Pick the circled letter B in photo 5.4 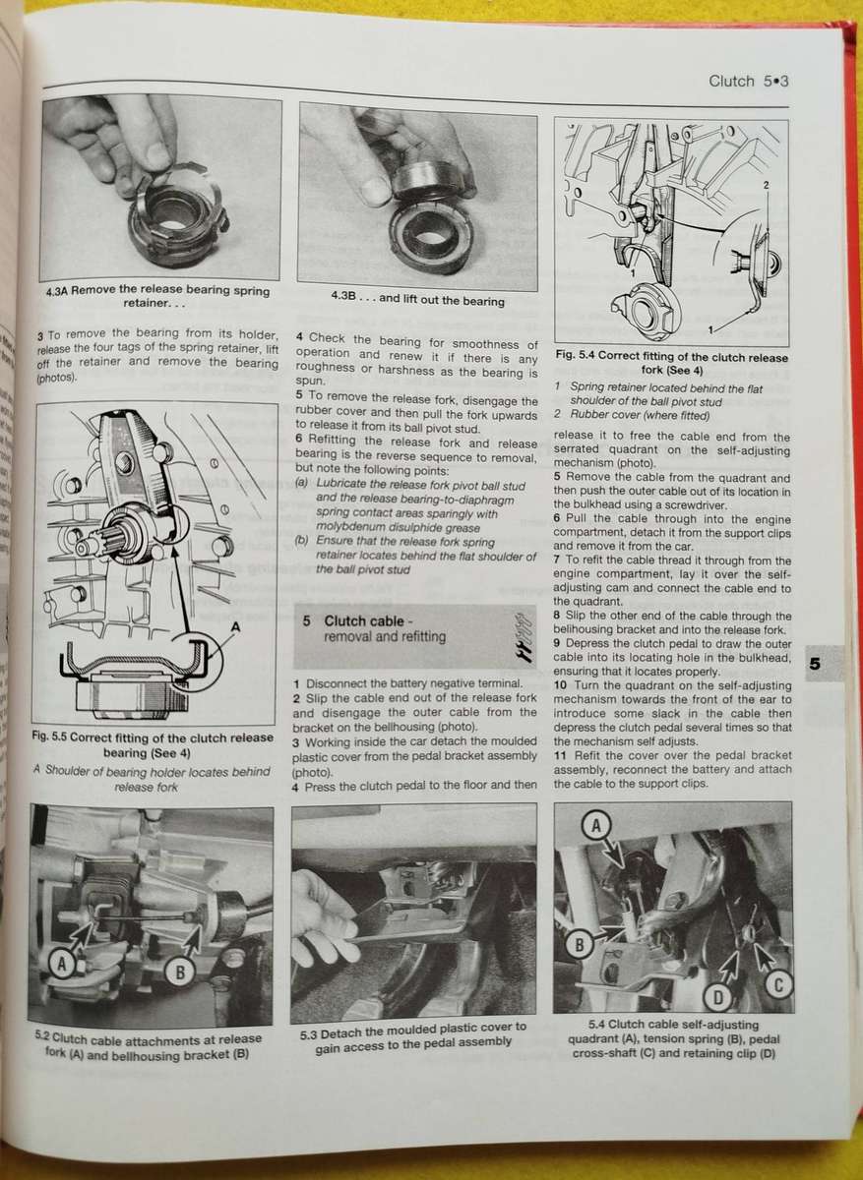580,945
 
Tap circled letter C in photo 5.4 778,983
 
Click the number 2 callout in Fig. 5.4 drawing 766,184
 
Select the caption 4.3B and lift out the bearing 417,300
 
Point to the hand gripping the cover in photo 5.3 325,919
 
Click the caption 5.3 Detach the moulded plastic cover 413,1033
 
